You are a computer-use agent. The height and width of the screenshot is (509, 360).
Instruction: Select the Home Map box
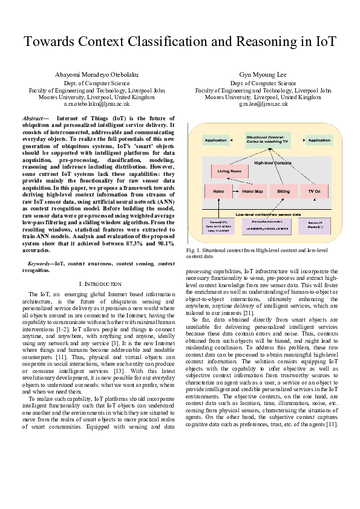click(252, 192)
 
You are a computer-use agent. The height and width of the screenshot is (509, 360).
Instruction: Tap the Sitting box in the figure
click(283, 192)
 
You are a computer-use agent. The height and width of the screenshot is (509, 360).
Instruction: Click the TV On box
click(314, 192)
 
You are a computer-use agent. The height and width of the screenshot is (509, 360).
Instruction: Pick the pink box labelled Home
click(218, 192)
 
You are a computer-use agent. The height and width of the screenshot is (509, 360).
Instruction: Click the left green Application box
click(216, 140)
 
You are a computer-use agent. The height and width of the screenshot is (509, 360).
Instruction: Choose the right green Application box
click(318, 140)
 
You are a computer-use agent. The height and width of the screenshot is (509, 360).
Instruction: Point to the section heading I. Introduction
click(100, 284)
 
